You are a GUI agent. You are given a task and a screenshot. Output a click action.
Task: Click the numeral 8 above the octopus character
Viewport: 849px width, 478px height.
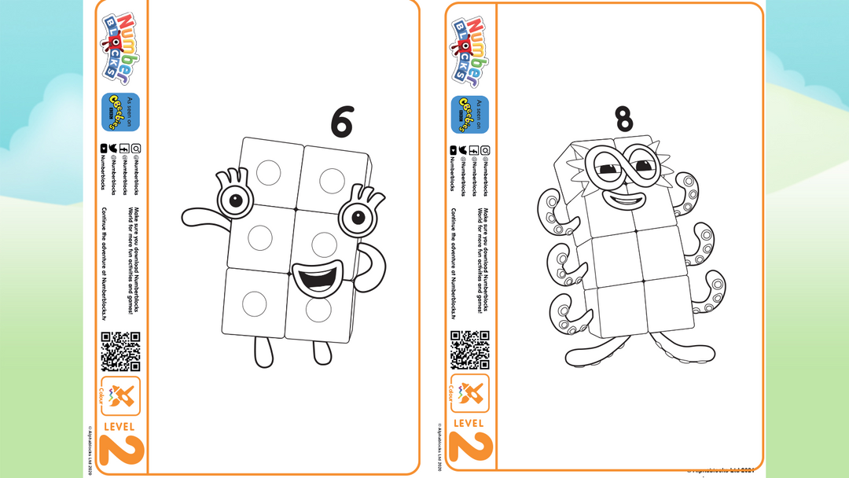623,119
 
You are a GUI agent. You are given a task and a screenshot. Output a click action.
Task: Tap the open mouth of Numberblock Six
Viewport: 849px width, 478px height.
318,279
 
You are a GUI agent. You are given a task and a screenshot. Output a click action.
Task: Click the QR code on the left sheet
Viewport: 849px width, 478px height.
120,351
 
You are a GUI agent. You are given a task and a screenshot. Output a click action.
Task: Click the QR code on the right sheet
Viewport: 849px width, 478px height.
469,351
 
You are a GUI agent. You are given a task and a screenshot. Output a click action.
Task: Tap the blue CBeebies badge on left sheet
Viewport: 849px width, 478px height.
120,112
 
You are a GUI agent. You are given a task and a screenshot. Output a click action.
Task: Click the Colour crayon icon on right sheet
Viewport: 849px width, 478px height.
470,393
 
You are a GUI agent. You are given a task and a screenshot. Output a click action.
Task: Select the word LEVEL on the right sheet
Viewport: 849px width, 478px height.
469,424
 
